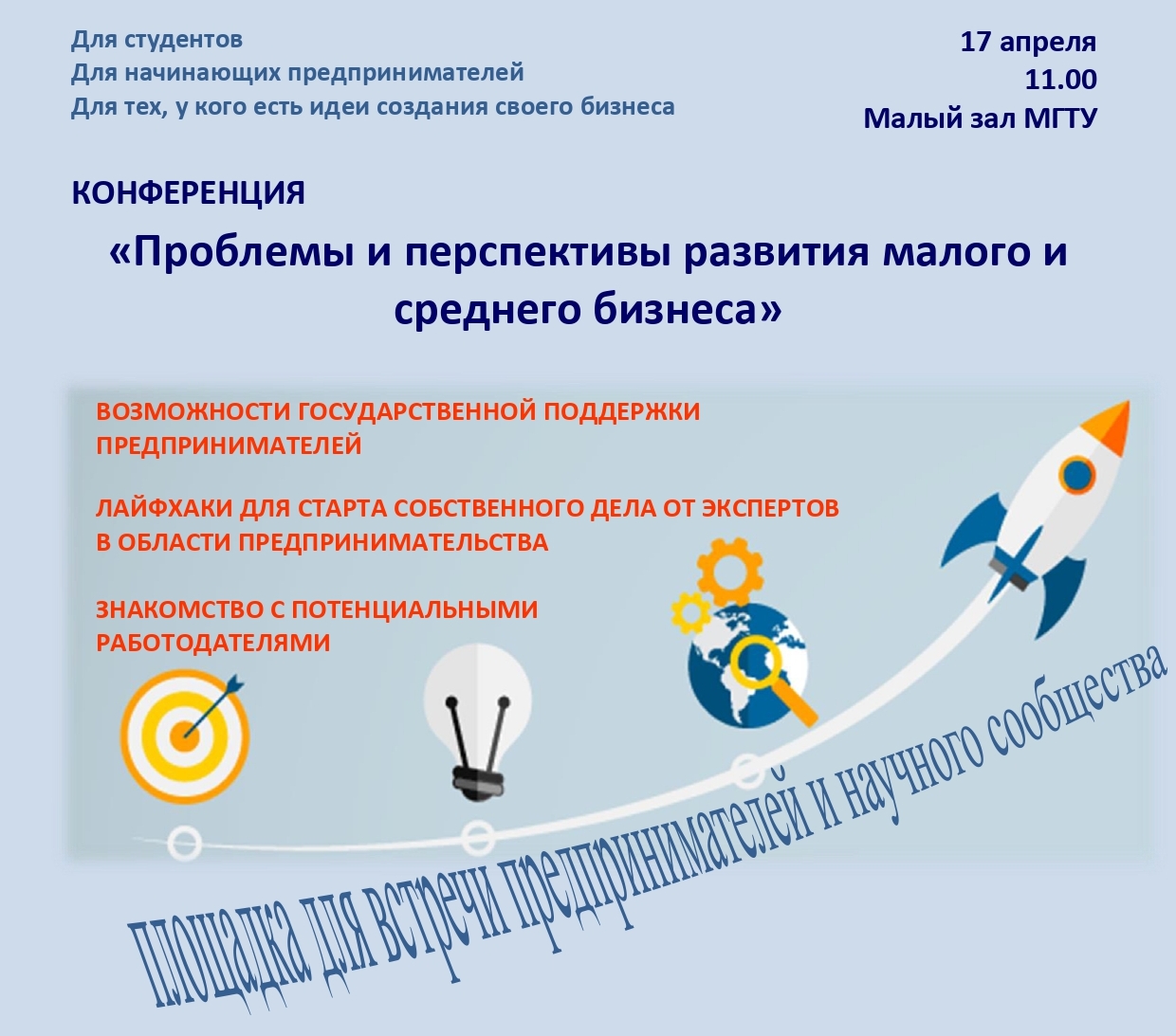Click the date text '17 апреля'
click(x=1028, y=43)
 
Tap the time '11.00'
click(x=1060, y=80)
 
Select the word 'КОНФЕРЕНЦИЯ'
click(x=188, y=193)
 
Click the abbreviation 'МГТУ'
click(x=1060, y=118)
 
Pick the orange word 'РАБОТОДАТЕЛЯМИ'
click(x=213, y=642)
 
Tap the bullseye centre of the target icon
click(x=185, y=736)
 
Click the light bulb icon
click(x=477, y=721)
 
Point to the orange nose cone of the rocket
click(x=1108, y=424)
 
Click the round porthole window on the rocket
click(x=1076, y=476)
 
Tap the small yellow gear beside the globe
click(x=690, y=613)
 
